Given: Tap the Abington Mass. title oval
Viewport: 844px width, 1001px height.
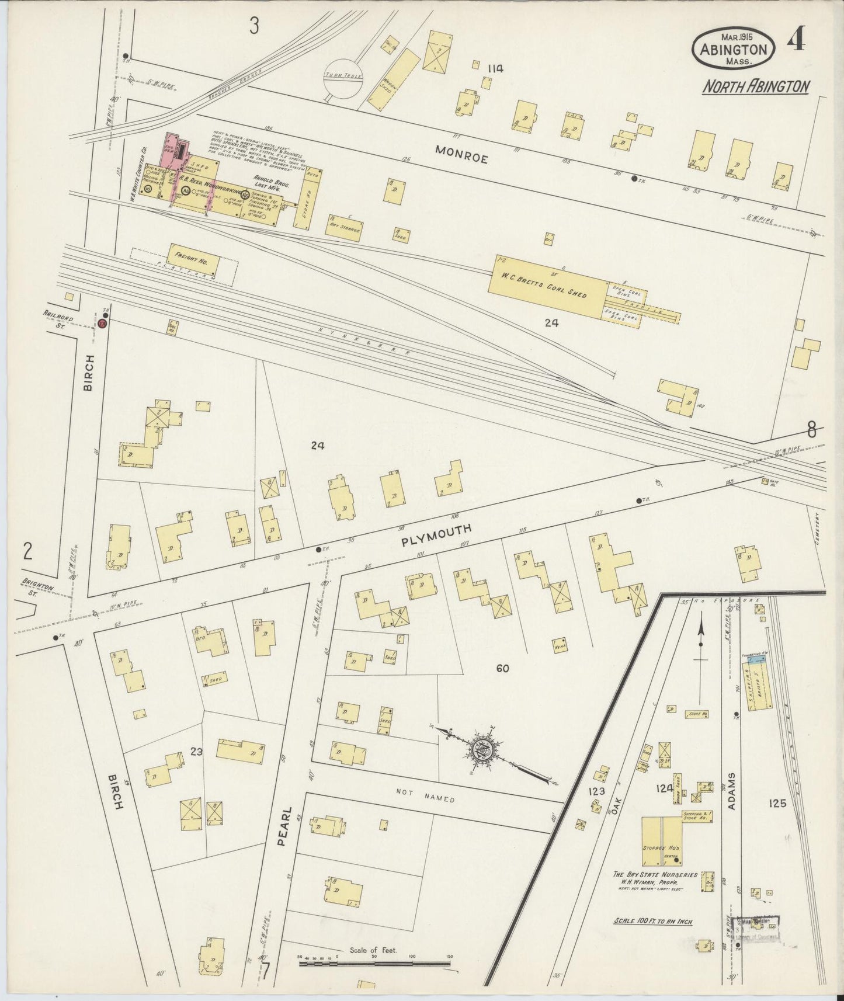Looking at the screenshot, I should (734, 50).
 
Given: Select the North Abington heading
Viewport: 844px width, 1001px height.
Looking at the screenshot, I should (755, 87).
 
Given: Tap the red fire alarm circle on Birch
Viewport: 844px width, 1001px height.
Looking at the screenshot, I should (103, 324).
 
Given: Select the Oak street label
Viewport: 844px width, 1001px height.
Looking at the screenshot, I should (617, 808).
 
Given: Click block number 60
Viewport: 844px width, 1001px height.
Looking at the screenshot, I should (502, 669).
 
